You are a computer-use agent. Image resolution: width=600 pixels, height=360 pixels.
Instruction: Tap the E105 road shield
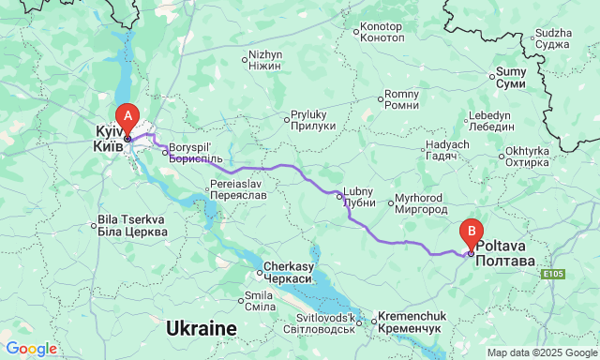552,275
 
